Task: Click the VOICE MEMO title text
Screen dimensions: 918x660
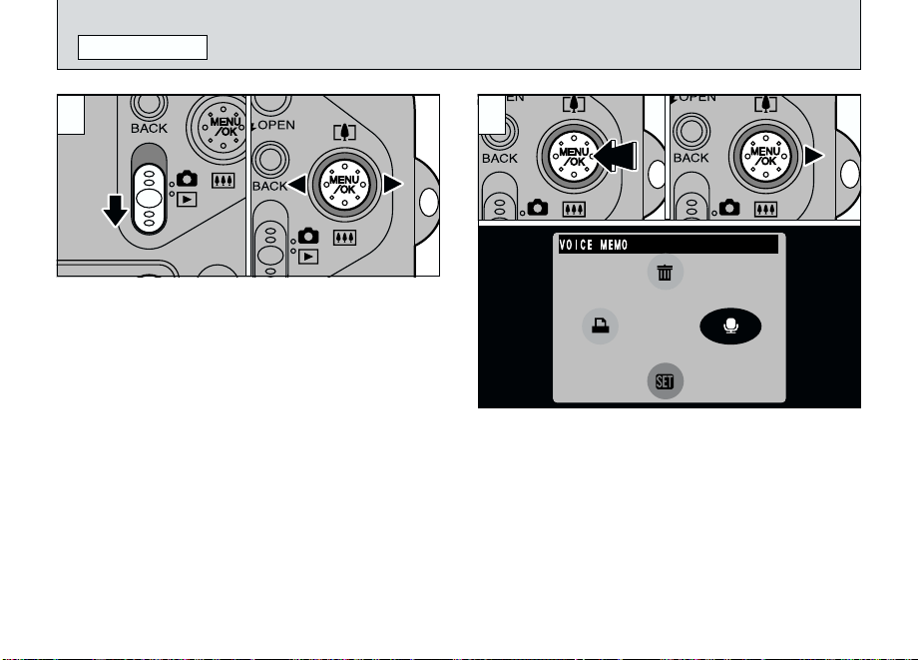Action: click(594, 245)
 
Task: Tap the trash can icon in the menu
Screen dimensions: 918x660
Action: click(665, 273)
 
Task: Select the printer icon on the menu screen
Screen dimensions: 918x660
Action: click(600, 326)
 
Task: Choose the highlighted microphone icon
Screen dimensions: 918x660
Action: click(730, 326)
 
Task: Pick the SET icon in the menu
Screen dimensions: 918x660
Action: click(665, 381)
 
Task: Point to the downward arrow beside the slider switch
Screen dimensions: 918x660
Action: click(116, 211)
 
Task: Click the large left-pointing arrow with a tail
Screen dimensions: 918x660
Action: click(615, 157)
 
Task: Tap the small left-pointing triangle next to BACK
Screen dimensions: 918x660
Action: click(297, 185)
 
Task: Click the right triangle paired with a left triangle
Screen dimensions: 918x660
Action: click(393, 185)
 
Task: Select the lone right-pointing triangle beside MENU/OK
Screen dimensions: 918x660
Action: click(814, 156)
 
